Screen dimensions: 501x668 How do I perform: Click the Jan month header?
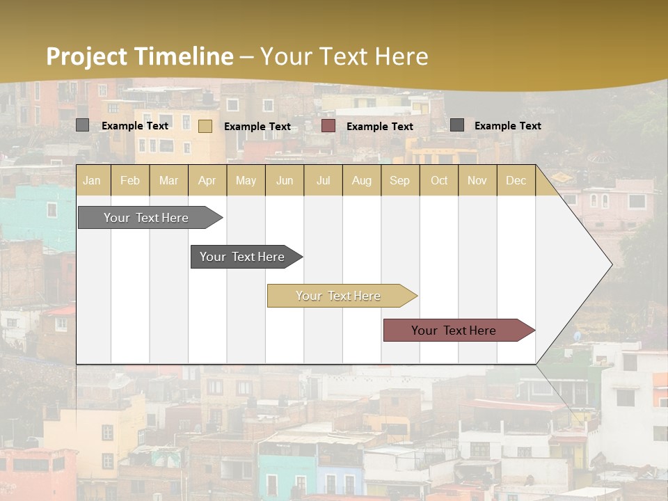tap(92, 180)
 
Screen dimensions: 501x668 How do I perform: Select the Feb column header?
tap(130, 180)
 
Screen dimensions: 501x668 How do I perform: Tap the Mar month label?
tap(168, 180)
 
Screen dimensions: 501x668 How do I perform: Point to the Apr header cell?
tap(207, 180)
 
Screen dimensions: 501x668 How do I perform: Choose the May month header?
tap(246, 180)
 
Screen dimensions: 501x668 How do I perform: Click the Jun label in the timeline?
tap(285, 180)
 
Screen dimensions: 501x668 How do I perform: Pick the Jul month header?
tap(323, 180)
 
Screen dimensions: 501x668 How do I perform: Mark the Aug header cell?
tap(362, 180)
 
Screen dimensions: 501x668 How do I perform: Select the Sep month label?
tap(399, 180)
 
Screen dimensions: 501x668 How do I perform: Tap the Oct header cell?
tap(439, 180)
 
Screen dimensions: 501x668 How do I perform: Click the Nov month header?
tap(477, 180)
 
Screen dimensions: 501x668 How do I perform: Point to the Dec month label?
tap(516, 180)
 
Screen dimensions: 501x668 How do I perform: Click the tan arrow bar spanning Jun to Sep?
tap(339, 296)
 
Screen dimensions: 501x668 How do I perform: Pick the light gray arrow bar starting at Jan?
tap(147, 218)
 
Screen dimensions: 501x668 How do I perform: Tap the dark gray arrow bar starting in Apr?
tap(243, 257)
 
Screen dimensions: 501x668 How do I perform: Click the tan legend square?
tap(205, 126)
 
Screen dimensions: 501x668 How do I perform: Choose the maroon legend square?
tap(328, 126)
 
